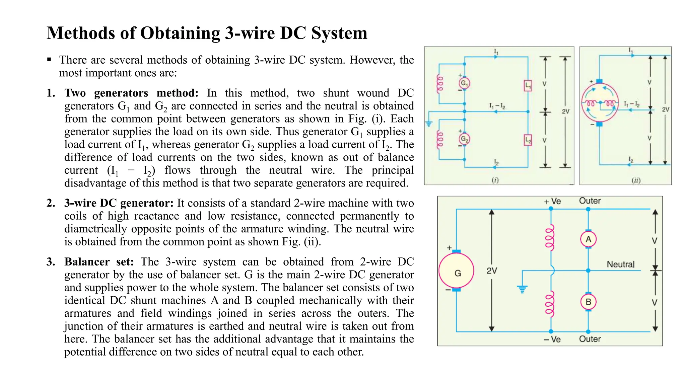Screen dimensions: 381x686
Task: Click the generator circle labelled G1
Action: [464, 83]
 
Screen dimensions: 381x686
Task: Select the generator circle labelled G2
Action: [464, 139]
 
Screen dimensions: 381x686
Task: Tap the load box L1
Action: [528, 85]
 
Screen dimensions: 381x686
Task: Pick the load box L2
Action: [528, 140]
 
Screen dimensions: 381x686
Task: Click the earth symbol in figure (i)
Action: [429, 124]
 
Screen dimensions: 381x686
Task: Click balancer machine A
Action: [588, 239]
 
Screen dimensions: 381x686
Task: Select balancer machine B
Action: [588, 302]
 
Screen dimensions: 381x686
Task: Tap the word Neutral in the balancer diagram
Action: [620, 264]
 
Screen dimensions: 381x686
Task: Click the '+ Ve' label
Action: [552, 202]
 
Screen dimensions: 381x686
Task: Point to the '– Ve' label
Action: [552, 339]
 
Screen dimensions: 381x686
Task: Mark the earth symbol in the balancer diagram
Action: [522, 289]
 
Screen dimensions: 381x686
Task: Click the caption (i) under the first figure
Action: [495, 180]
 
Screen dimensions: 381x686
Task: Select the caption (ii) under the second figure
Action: [636, 180]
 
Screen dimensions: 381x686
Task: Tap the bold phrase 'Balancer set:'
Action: [99, 262]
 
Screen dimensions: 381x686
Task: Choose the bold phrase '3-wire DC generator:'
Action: [119, 203]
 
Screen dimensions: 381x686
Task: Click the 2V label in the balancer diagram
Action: [492, 271]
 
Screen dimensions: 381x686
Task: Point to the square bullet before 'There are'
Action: [49, 60]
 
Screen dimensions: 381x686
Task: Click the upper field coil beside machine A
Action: [550, 238]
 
